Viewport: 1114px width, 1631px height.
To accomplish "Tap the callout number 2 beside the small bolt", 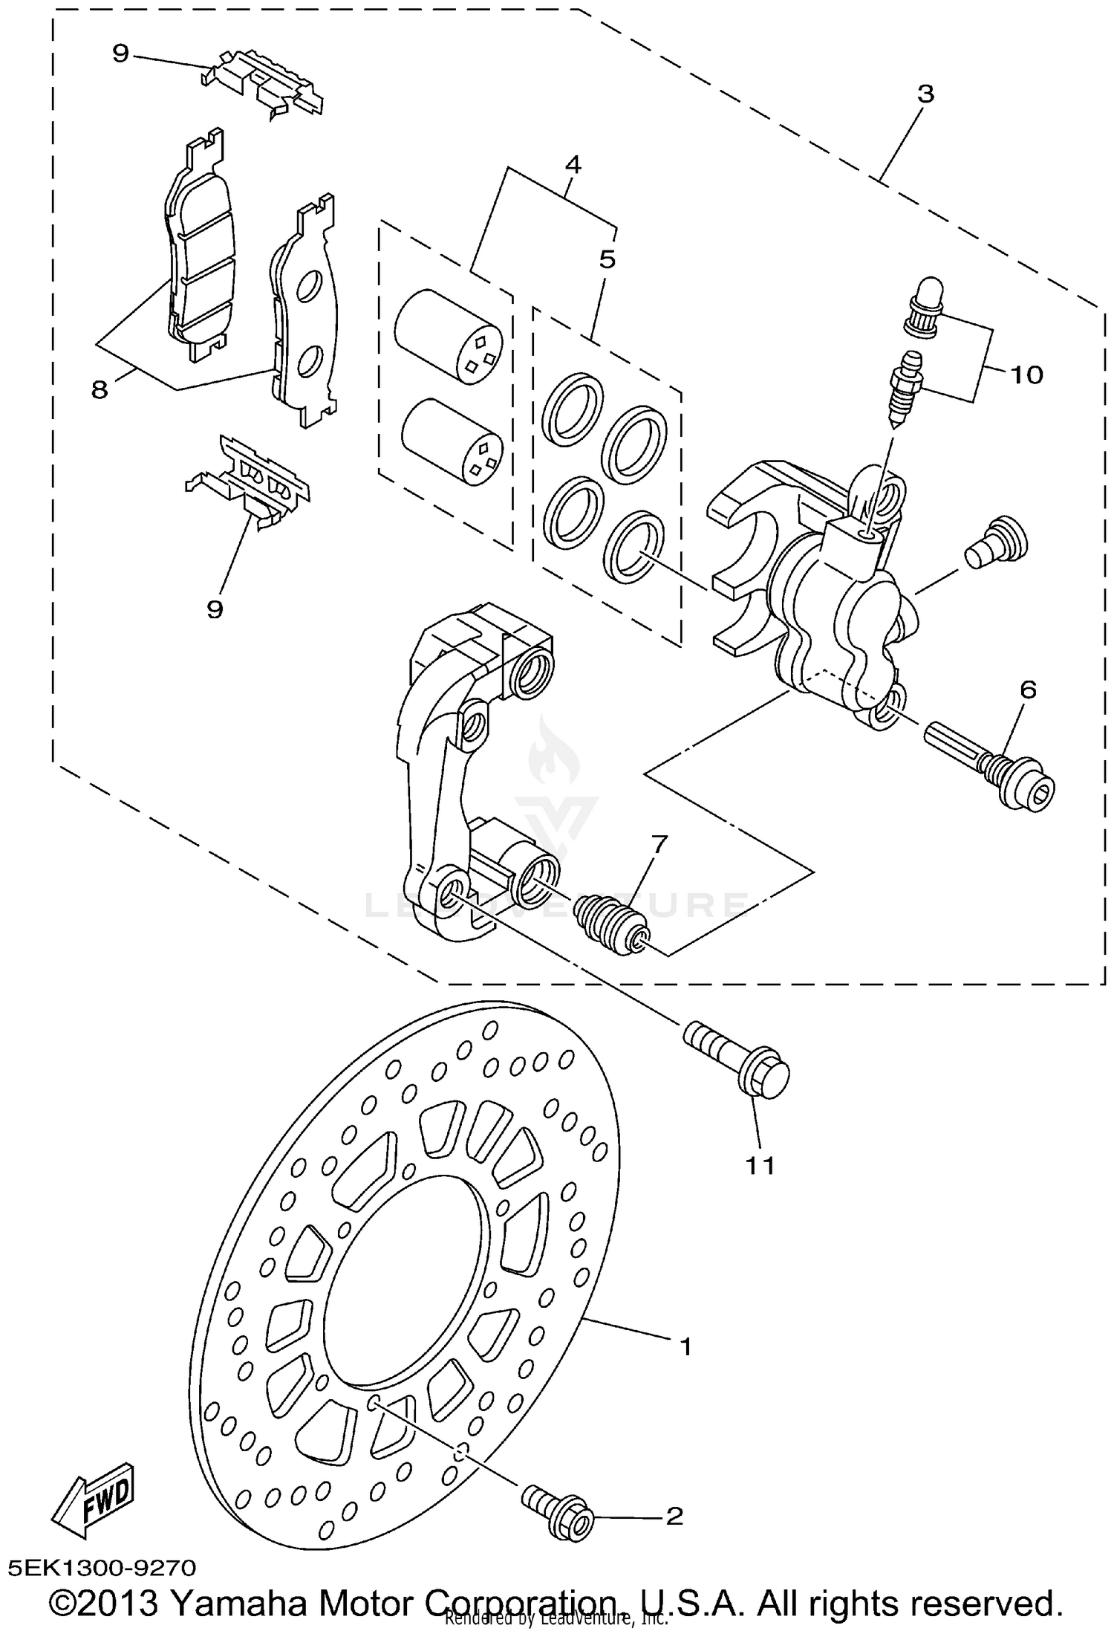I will [x=674, y=1516].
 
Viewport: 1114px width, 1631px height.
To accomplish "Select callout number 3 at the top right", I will [x=925, y=94].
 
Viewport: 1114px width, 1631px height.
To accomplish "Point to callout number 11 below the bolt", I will [x=760, y=1166].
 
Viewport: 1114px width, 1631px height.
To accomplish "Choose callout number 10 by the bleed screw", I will [x=1026, y=374].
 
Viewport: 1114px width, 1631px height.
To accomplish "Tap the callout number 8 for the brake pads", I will [x=100, y=389].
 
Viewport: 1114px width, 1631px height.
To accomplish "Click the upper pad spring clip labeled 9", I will [x=264, y=82].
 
